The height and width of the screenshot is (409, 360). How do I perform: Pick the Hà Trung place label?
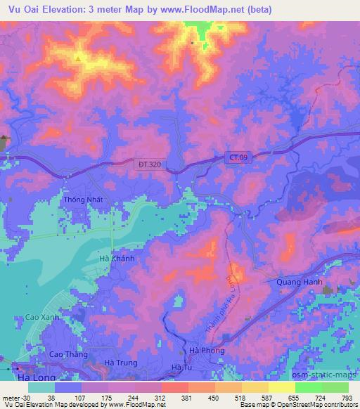119,363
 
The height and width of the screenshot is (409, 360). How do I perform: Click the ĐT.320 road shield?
148,164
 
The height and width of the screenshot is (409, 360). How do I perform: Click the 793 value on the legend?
347,396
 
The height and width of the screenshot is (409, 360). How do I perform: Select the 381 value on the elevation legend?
186,396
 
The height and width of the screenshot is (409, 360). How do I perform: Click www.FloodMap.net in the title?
199,9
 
